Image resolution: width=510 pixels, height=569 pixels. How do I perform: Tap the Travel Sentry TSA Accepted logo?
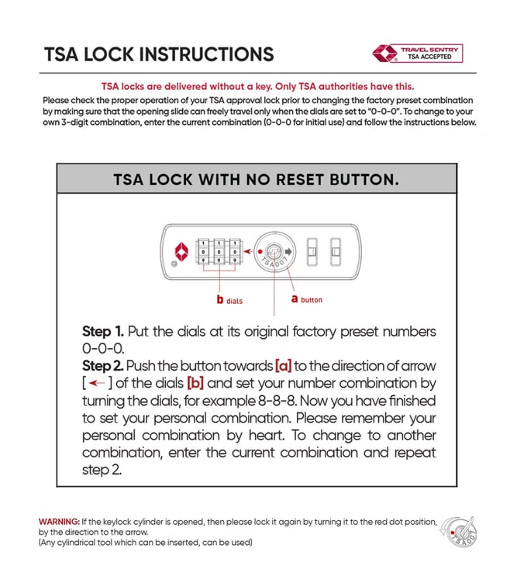click(418, 53)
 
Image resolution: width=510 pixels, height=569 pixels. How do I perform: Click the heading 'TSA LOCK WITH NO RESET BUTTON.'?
click(256, 180)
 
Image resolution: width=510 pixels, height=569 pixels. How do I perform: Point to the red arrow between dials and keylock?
click(248, 251)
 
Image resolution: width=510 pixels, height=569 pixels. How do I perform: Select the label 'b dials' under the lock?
click(230, 299)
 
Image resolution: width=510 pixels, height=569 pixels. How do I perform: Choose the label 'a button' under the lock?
click(306, 299)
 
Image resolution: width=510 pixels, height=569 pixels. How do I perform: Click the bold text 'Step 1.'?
click(103, 332)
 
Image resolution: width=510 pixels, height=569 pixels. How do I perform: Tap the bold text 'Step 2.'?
click(102, 365)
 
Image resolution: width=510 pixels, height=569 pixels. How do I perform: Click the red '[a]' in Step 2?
click(283, 365)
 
